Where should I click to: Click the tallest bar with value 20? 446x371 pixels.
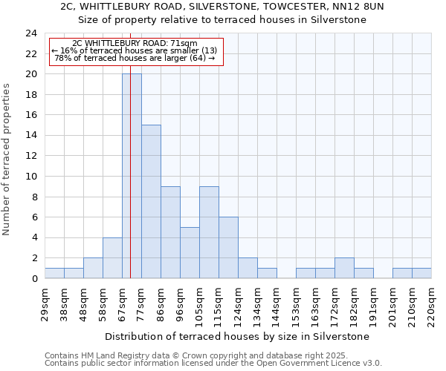click(x=132, y=177)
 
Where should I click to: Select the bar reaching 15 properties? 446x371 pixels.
click(x=151, y=202)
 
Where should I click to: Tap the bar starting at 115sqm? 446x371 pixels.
click(x=228, y=248)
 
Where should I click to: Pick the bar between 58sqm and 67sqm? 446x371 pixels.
click(x=112, y=258)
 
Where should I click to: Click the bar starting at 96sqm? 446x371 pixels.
click(x=190, y=253)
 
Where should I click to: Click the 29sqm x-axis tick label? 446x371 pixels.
click(x=45, y=303)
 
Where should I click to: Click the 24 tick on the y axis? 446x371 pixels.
click(x=31, y=33)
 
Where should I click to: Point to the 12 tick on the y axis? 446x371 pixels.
click(x=31, y=156)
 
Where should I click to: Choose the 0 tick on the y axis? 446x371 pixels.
click(x=34, y=279)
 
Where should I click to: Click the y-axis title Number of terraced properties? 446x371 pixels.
click(x=7, y=160)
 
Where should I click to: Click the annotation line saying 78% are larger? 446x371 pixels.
click(x=135, y=59)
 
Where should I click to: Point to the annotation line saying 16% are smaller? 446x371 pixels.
click(x=135, y=51)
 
